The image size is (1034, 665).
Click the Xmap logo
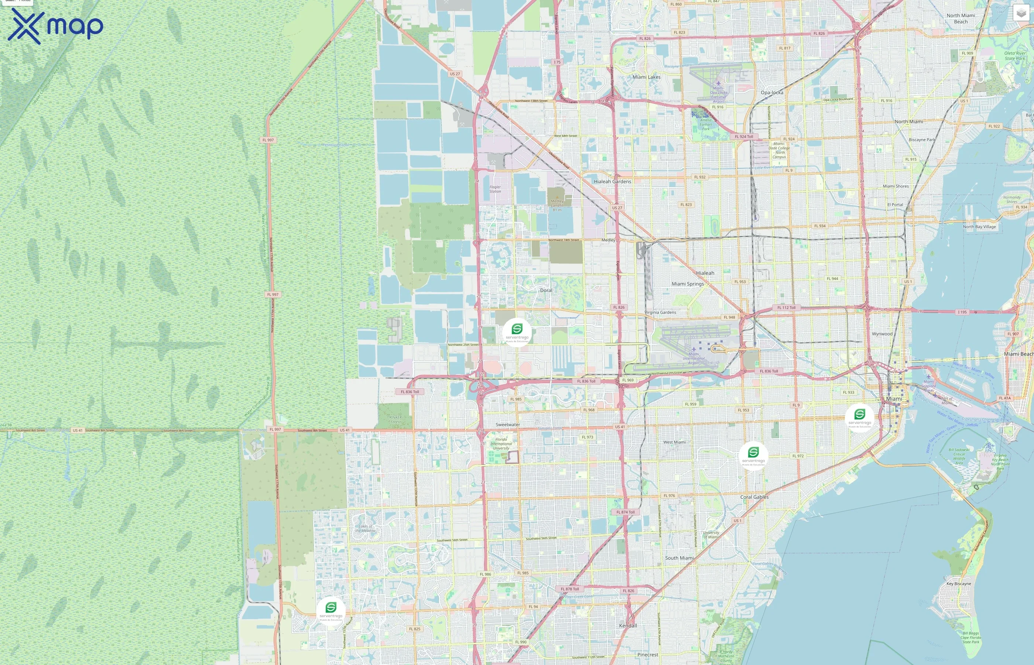[x=55, y=26]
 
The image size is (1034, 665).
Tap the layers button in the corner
[x=1021, y=13]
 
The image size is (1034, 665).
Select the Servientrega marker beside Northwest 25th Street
[x=517, y=332]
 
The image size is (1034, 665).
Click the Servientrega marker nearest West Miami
[x=753, y=455]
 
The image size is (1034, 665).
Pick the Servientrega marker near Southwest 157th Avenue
[x=331, y=611]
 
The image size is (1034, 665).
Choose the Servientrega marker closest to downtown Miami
[x=860, y=417]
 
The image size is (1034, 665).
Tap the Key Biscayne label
[x=958, y=583]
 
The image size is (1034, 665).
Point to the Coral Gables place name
[x=754, y=497]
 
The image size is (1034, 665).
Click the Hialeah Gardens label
[x=612, y=181]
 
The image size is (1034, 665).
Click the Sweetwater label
[x=507, y=424]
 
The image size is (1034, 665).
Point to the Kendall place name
[x=628, y=625]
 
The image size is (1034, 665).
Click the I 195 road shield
[x=962, y=312]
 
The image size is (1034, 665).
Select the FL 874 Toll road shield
[x=625, y=512]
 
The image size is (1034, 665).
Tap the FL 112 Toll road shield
[x=786, y=307]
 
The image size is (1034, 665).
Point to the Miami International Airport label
[x=694, y=358]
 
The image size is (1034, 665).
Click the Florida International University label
[x=501, y=443]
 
